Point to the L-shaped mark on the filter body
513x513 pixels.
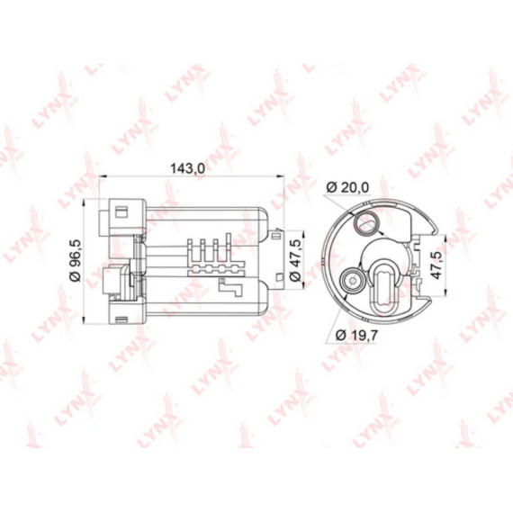click(231, 288)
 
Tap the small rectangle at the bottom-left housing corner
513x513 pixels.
click(119, 318)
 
